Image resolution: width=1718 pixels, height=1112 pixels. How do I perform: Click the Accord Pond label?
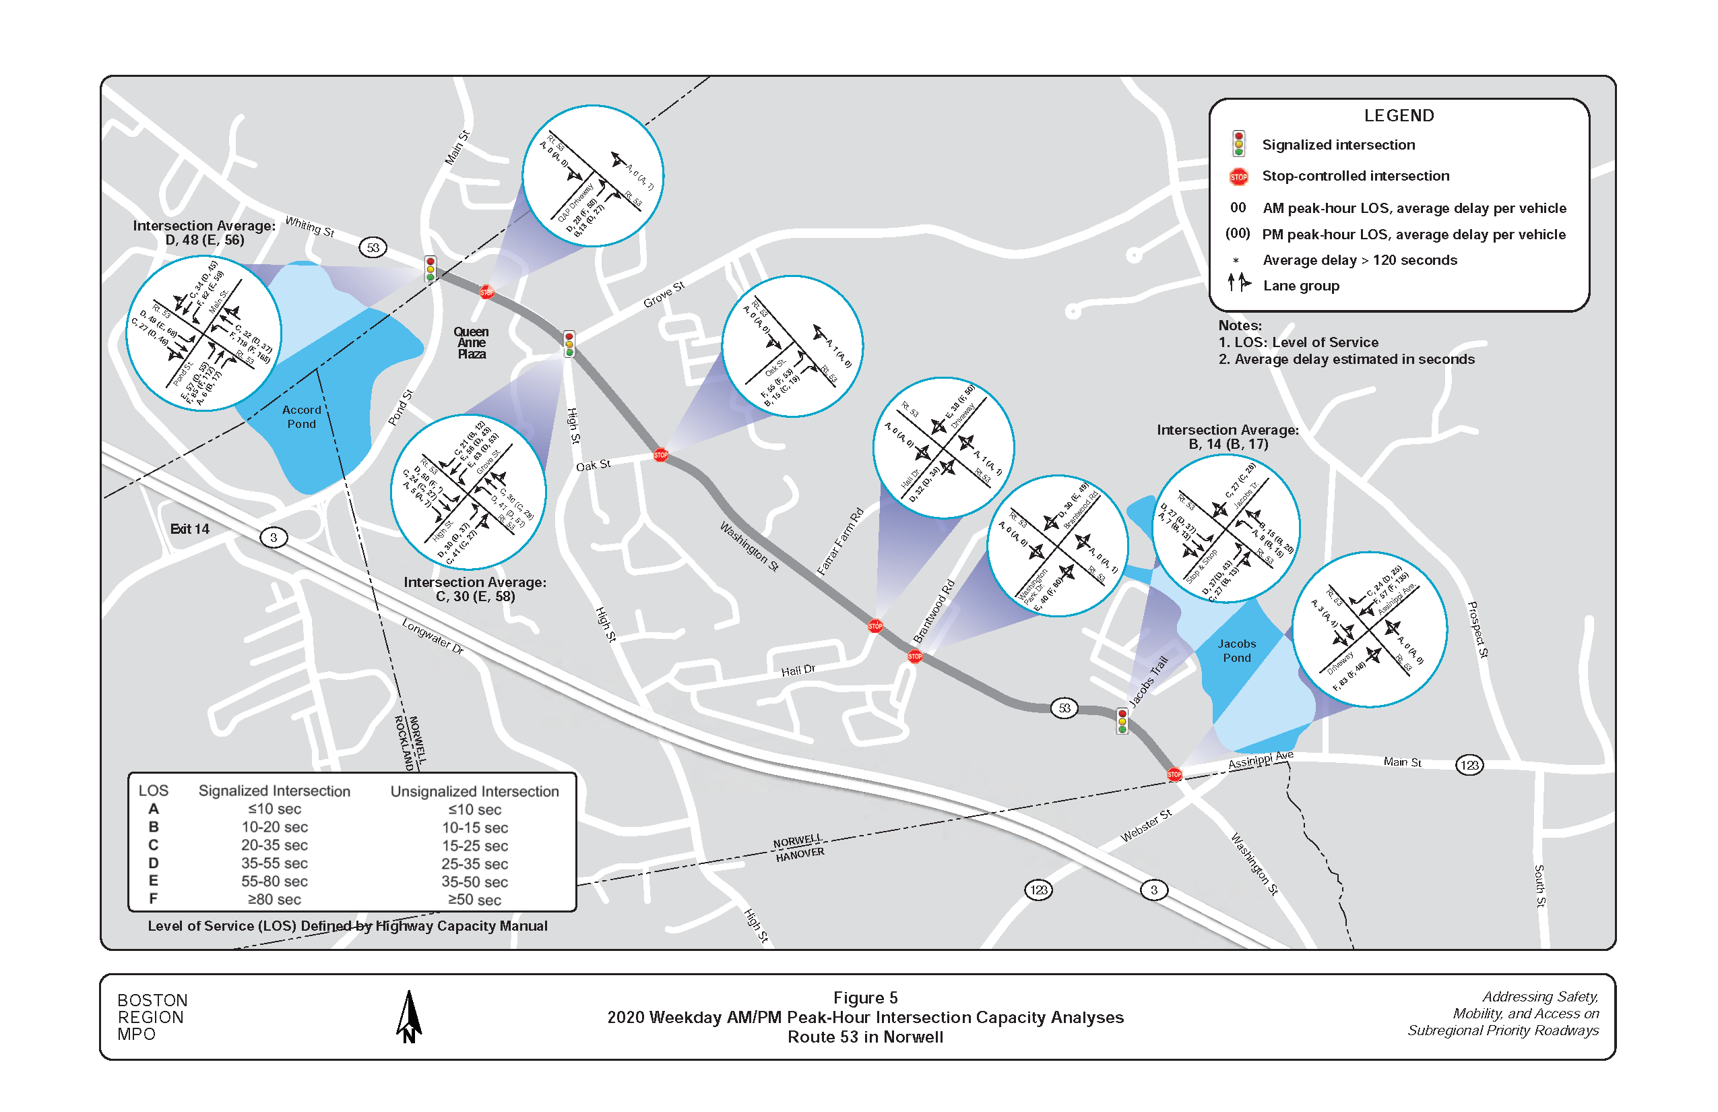pyautogui.click(x=301, y=416)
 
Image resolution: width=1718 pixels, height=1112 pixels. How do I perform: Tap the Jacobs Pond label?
pyautogui.click(x=1236, y=650)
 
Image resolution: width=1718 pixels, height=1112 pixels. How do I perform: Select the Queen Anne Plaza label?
pyautogui.click(x=471, y=342)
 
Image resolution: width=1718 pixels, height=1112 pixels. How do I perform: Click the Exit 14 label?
pyautogui.click(x=189, y=528)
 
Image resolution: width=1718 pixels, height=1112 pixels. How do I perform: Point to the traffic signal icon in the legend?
pyautogui.click(x=1238, y=144)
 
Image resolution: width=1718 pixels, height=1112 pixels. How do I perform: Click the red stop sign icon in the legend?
pyautogui.click(x=1238, y=176)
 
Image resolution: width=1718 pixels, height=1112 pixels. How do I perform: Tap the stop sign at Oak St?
pyautogui.click(x=660, y=454)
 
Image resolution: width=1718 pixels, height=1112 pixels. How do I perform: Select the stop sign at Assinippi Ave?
pyautogui.click(x=1174, y=774)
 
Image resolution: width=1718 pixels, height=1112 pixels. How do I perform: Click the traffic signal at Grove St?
pyautogui.click(x=569, y=344)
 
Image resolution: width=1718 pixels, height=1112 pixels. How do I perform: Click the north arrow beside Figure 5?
pyautogui.click(x=408, y=1016)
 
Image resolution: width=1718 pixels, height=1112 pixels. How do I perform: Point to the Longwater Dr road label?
pyautogui.click(x=433, y=636)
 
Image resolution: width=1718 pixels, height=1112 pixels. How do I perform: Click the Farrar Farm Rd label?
pyautogui.click(x=839, y=542)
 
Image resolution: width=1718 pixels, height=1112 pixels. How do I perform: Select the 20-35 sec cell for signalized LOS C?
pyautogui.click(x=274, y=845)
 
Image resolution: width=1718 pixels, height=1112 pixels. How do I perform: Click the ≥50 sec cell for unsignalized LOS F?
pyautogui.click(x=474, y=900)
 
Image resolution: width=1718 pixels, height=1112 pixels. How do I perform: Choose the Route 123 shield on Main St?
pyautogui.click(x=1469, y=765)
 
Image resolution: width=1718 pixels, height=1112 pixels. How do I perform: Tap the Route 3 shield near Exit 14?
pyautogui.click(x=273, y=537)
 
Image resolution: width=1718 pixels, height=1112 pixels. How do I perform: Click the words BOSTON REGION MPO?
pyautogui.click(x=152, y=1017)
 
